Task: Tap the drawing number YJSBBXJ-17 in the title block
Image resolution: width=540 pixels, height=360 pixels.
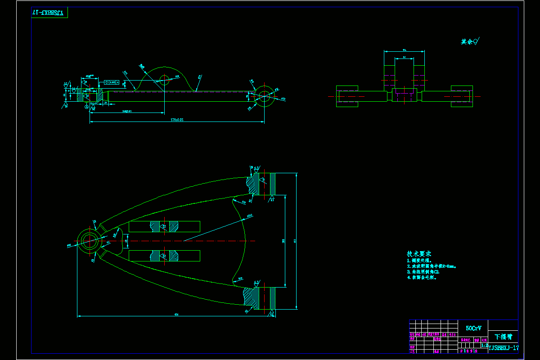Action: coord(504,348)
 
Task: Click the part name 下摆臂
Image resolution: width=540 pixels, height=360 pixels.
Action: coord(503,337)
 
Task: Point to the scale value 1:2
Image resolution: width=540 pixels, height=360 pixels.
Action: coord(484,346)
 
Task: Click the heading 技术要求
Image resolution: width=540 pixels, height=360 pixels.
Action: coord(419,254)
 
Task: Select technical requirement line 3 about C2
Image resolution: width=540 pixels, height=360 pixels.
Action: coord(423,272)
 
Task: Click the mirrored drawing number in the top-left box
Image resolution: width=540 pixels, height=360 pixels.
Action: coord(49,13)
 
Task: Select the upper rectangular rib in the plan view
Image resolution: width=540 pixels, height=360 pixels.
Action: coord(164,226)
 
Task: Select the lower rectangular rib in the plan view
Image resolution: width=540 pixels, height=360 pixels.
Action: coord(164,256)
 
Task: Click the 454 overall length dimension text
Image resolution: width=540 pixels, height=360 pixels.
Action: coord(176,315)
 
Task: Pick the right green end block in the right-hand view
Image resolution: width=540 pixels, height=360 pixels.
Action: coord(462,96)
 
